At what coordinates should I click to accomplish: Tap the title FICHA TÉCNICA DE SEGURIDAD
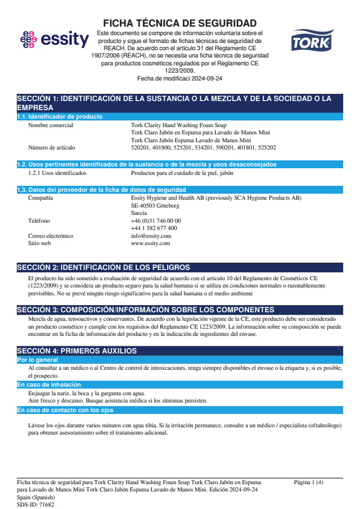point(180,23)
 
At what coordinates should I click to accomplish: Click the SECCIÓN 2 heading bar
point(180,268)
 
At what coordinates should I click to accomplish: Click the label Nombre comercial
point(51,125)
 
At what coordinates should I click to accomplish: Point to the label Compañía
point(41,198)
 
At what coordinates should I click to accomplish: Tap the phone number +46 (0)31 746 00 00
point(155,220)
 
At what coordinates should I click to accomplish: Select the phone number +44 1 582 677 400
point(154,228)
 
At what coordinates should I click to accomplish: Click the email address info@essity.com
point(151,235)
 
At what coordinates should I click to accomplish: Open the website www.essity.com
point(150,243)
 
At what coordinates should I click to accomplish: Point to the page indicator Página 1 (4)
point(309,482)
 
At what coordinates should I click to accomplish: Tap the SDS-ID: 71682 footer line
point(35,504)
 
